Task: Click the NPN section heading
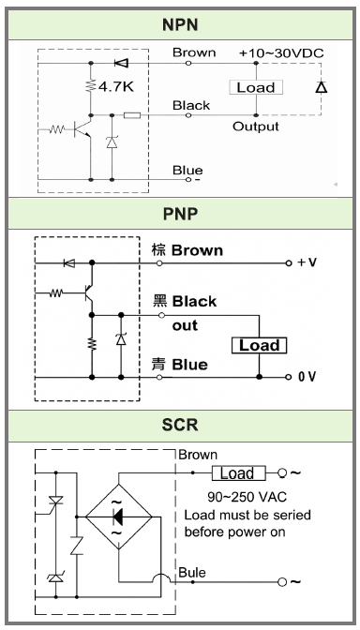(x=180, y=21)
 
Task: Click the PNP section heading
(x=180, y=215)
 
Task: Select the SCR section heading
(x=180, y=426)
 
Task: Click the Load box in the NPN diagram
(x=256, y=87)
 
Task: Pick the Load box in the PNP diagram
(x=260, y=345)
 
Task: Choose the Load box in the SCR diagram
(x=238, y=473)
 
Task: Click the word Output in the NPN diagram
(x=256, y=126)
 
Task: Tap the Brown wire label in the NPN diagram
(x=194, y=52)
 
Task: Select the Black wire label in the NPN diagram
(x=191, y=105)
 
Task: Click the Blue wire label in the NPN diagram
(x=187, y=170)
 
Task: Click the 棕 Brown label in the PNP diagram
(x=189, y=251)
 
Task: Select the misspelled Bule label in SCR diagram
(x=194, y=571)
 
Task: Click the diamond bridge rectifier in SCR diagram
(x=119, y=517)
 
